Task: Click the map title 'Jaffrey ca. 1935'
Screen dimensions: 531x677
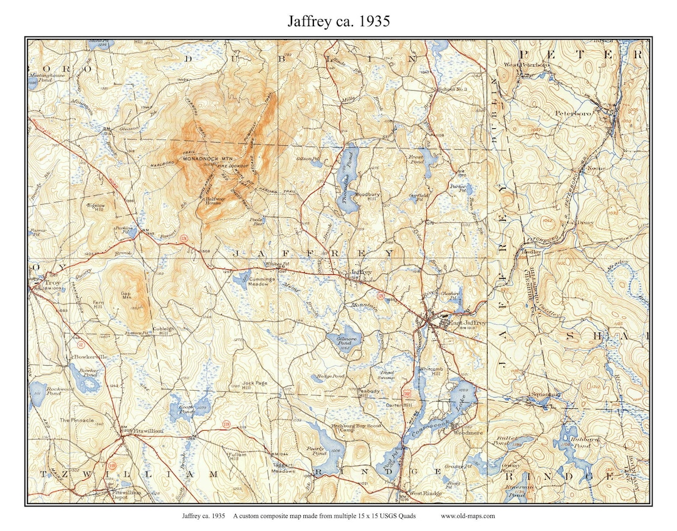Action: pos(338,21)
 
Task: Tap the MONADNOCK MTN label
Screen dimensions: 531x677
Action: pos(207,160)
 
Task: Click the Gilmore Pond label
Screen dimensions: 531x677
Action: pos(338,339)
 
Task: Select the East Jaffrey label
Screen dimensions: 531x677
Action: pos(463,323)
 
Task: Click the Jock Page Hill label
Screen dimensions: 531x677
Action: pos(255,386)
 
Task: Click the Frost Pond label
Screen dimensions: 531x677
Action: pos(416,159)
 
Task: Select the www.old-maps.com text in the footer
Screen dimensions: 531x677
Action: pos(468,516)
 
